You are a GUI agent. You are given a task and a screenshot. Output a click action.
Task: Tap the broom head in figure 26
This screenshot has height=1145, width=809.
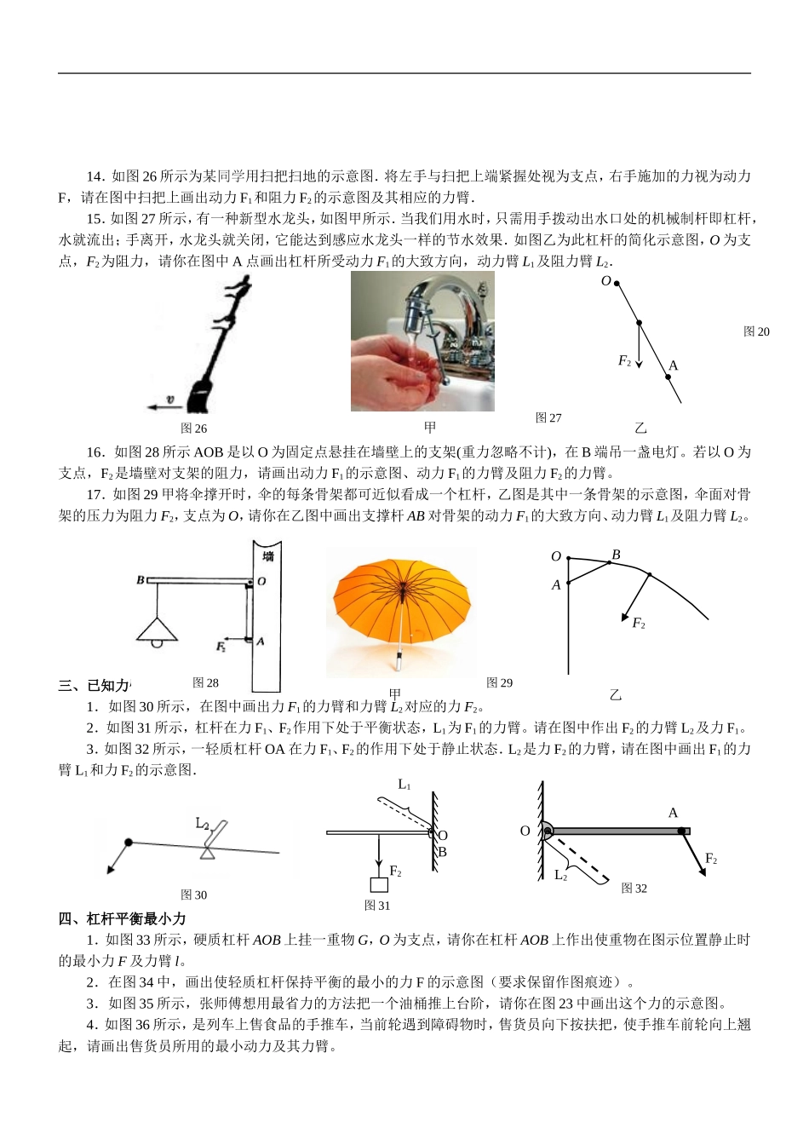click(x=198, y=395)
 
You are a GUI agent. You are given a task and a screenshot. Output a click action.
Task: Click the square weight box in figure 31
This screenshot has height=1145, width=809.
click(x=379, y=884)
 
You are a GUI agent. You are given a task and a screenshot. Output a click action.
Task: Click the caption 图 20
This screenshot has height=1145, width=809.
click(x=755, y=331)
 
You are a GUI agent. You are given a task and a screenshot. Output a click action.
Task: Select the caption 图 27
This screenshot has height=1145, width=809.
click(x=548, y=417)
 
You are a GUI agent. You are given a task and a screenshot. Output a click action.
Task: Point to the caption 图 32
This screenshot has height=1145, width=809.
click(x=634, y=889)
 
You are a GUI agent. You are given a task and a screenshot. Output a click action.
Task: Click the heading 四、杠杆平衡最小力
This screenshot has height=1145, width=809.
click(x=122, y=918)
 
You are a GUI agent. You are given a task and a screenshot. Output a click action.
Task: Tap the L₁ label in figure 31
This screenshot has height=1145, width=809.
click(x=404, y=784)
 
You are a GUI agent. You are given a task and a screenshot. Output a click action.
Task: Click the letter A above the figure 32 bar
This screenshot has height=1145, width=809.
click(x=673, y=813)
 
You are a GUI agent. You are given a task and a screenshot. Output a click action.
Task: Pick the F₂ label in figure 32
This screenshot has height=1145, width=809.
click(x=711, y=859)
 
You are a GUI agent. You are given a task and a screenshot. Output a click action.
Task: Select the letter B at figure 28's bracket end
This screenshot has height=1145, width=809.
click(x=141, y=580)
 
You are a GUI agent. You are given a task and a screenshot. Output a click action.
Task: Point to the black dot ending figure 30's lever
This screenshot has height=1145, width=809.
click(x=129, y=843)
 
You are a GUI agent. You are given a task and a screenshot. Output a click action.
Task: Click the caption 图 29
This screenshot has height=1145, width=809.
click(x=499, y=682)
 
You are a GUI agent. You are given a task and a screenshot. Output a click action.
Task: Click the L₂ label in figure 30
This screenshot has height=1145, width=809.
click(x=203, y=823)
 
